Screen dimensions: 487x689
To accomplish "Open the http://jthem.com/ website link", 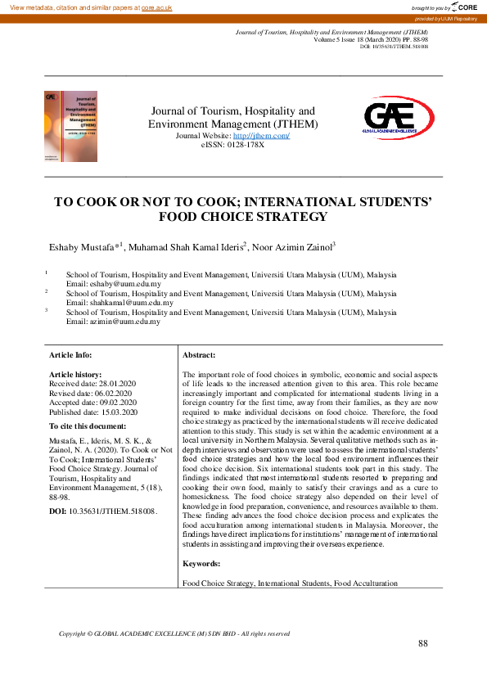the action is click(x=261, y=135).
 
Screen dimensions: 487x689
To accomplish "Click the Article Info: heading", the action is click(x=71, y=354).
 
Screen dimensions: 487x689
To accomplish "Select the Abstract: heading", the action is click(x=199, y=354).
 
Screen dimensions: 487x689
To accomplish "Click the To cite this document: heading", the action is click(x=88, y=426).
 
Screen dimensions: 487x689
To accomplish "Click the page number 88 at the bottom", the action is click(x=423, y=643).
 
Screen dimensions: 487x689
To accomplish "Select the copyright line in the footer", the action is click(x=174, y=633).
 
